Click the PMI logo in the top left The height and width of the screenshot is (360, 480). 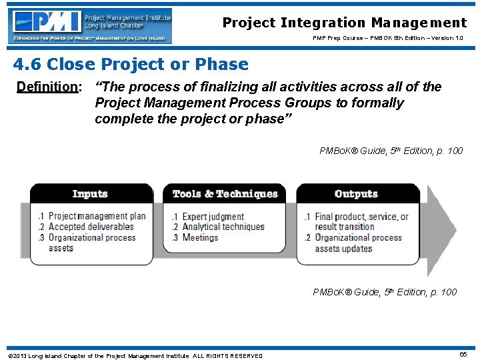(90, 26)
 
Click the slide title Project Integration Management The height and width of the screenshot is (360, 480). (345, 23)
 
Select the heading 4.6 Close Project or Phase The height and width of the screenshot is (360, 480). (131, 65)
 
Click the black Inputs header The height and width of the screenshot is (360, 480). (90, 194)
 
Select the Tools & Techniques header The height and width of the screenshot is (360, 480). (225, 194)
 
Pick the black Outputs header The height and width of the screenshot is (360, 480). (356, 194)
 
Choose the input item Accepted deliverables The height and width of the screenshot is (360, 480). (91, 227)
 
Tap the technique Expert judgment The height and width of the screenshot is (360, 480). (213, 216)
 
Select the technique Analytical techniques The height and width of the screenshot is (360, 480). (223, 227)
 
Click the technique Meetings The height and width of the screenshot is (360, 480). (200, 237)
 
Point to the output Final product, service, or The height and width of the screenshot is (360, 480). (361, 216)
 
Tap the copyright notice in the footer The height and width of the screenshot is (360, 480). (135, 355)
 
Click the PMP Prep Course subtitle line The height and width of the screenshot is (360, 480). (388, 38)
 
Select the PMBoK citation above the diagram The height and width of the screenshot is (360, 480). (391, 151)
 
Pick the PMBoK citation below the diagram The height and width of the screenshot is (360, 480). (385, 292)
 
